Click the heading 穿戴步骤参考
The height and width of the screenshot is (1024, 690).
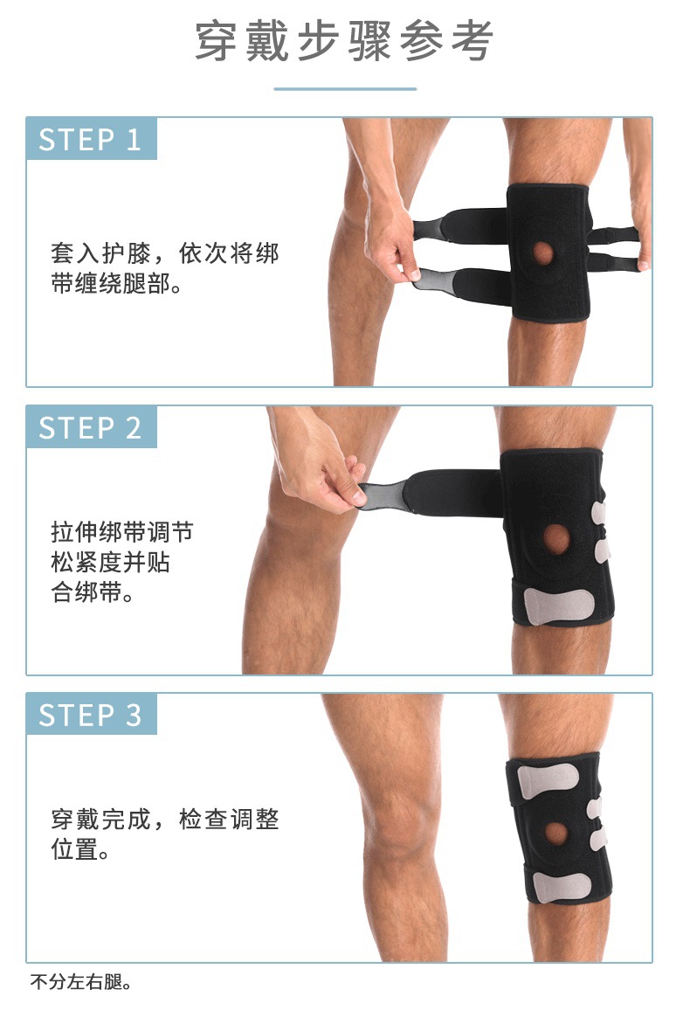(344, 41)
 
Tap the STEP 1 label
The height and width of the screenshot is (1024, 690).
(90, 140)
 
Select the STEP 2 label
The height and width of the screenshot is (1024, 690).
(90, 428)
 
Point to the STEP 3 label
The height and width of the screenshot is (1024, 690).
(90, 716)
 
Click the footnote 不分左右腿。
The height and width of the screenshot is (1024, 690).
(81, 981)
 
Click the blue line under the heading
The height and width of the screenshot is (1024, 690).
(345, 88)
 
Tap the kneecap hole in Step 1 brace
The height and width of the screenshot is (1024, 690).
(543, 253)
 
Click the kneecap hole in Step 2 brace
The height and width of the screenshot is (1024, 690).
(557, 536)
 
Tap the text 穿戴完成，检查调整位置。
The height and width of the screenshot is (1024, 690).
(166, 834)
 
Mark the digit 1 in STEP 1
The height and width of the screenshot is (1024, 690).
(133, 140)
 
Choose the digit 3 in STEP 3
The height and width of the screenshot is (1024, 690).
(133, 716)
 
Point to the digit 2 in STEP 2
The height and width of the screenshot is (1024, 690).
(133, 428)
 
